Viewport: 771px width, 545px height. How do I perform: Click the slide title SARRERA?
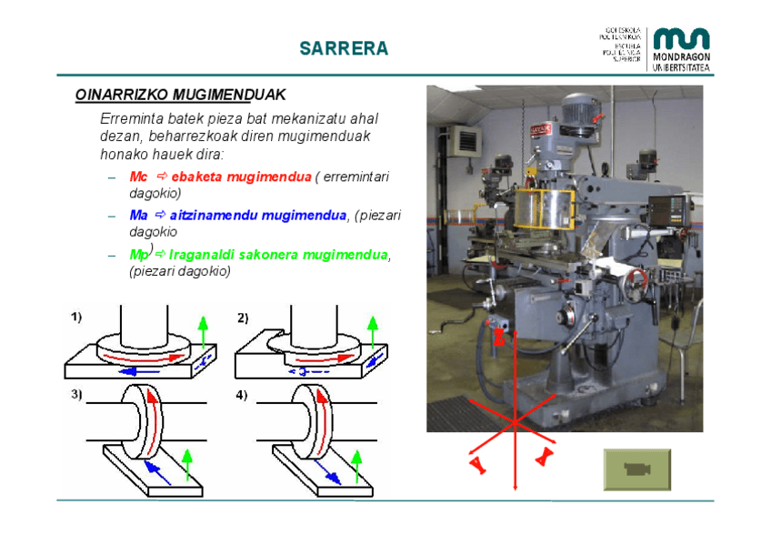pos(344,48)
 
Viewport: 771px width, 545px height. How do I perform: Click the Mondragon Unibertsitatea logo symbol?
pos(681,38)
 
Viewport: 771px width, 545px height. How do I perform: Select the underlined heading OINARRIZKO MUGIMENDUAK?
pos(180,95)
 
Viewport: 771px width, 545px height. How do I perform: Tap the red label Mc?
pos(138,177)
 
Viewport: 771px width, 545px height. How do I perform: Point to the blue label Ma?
pos(138,215)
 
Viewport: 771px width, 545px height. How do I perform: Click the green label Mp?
pos(138,254)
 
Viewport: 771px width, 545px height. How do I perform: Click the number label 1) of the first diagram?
pos(77,318)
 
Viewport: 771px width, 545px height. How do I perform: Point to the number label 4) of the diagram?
pos(241,395)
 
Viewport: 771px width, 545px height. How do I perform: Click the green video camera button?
pos(636,469)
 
